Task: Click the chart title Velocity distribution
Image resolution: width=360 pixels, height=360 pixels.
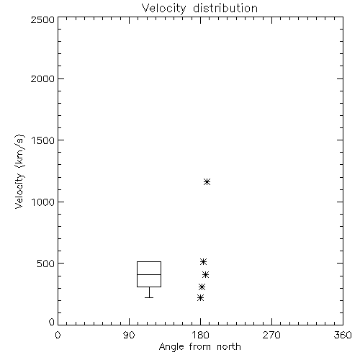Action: click(x=199, y=9)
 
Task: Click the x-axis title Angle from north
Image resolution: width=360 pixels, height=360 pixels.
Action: click(x=199, y=347)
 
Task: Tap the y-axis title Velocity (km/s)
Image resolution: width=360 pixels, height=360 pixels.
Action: click(x=19, y=171)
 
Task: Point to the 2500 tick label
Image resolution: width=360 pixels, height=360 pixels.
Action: click(x=42, y=19)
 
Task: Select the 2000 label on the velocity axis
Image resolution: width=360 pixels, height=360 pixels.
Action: click(x=42, y=78)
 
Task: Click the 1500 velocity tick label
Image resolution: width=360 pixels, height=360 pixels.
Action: click(x=43, y=140)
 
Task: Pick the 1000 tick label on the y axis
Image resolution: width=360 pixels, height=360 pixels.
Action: click(x=43, y=202)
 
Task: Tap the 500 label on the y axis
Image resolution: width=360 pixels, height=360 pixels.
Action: click(x=46, y=264)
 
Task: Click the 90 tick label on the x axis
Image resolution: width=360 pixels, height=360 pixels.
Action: click(x=129, y=335)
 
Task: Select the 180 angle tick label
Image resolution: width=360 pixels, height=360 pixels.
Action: click(x=200, y=335)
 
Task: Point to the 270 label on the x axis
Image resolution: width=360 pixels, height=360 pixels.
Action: click(x=271, y=335)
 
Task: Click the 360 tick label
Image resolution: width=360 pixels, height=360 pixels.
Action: click(x=343, y=335)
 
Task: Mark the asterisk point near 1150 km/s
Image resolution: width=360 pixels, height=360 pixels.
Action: click(x=207, y=182)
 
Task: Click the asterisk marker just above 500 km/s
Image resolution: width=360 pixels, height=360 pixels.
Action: click(x=204, y=261)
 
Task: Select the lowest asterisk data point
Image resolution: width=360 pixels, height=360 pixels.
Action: click(x=200, y=298)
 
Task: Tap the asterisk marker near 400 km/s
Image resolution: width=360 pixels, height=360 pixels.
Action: click(x=205, y=274)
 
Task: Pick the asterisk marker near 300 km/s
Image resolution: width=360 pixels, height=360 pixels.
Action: click(x=202, y=287)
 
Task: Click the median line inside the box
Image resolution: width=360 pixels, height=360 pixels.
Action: click(x=149, y=274)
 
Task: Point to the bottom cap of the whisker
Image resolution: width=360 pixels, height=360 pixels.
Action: click(x=149, y=297)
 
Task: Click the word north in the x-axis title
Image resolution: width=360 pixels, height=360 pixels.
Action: click(x=229, y=347)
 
